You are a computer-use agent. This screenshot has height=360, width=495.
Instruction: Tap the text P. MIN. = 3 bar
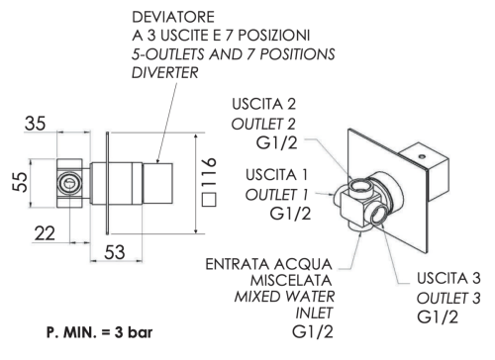click(93, 327)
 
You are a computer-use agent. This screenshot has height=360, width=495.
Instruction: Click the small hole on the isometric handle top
click(420, 156)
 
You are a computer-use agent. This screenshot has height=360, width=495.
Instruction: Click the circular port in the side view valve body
click(68, 184)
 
